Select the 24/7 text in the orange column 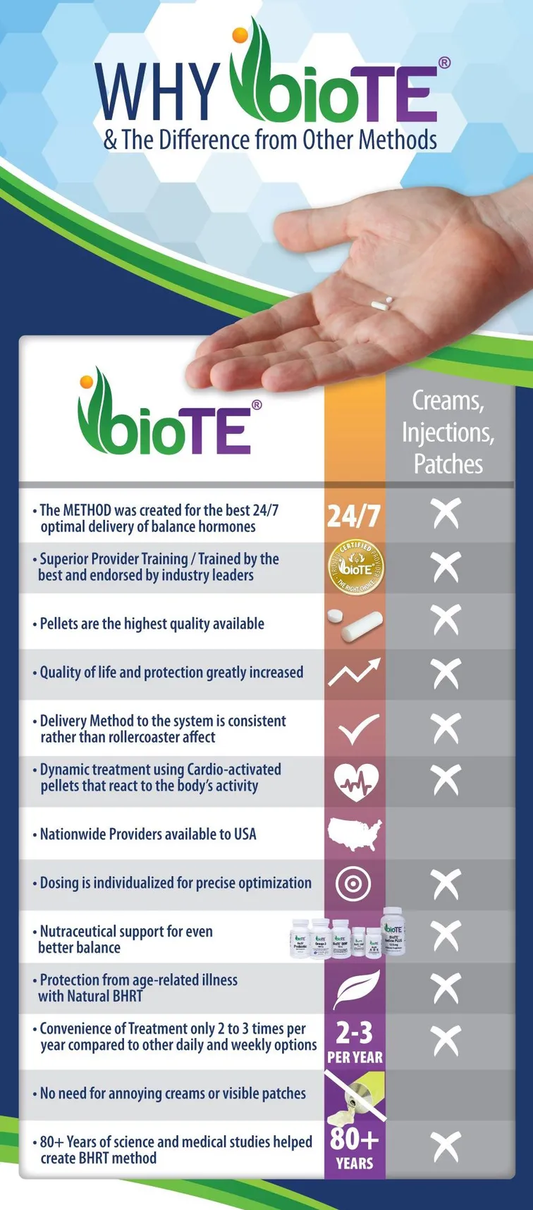click(x=353, y=516)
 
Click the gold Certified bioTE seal click(x=355, y=567)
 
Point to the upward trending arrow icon click(x=355, y=672)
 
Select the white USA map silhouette click(x=355, y=834)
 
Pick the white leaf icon click(x=357, y=988)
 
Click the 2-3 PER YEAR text click(x=355, y=1042)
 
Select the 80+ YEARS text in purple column click(x=355, y=1149)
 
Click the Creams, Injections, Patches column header click(x=448, y=432)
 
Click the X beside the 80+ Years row click(x=446, y=1147)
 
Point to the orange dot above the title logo click(x=239, y=35)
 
